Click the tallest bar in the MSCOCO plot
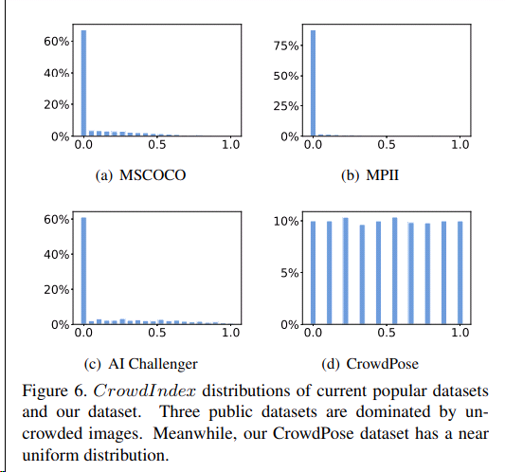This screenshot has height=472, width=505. point(83,84)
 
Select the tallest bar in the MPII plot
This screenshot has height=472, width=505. point(313,84)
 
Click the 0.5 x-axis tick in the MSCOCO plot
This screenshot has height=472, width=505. point(156,145)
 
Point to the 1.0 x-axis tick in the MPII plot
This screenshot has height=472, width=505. point(460,145)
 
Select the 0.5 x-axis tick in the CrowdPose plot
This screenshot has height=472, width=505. point(387,335)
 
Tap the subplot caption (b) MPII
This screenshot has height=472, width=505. point(386,176)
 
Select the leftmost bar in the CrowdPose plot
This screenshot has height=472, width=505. point(313,273)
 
